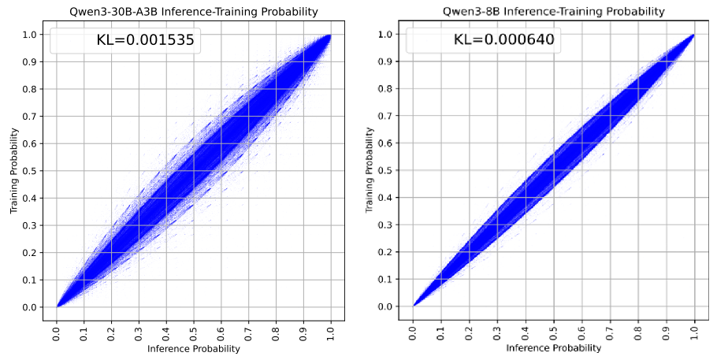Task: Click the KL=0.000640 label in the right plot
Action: pyautogui.click(x=503, y=41)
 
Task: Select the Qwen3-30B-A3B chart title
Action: pyautogui.click(x=193, y=11)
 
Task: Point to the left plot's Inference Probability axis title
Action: pyautogui.click(x=193, y=348)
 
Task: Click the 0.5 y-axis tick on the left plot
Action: pyautogui.click(x=35, y=171)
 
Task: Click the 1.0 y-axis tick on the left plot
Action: pyautogui.click(x=35, y=35)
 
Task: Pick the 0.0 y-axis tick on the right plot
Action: pyautogui.click(x=392, y=306)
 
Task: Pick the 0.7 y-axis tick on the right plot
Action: pyautogui.click(x=392, y=116)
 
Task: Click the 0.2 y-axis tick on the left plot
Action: pyautogui.click(x=35, y=253)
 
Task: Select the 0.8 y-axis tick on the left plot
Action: pyautogui.click(x=35, y=89)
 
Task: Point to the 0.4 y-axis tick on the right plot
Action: pyautogui.click(x=392, y=198)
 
